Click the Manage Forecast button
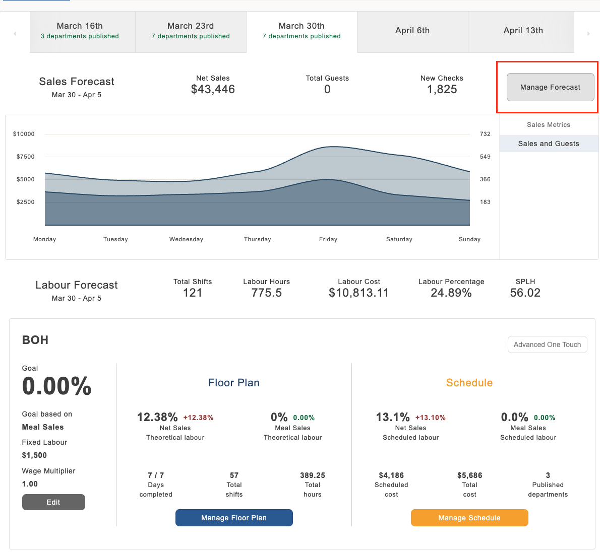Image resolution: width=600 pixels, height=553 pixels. [x=550, y=87]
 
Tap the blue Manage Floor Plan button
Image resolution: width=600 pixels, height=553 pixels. [x=234, y=518]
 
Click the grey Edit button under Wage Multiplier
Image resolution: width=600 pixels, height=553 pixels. [x=53, y=502]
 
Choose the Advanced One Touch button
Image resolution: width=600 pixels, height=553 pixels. [x=547, y=344]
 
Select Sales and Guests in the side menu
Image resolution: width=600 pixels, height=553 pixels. [x=549, y=144]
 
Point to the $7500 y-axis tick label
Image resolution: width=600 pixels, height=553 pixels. [x=25, y=157]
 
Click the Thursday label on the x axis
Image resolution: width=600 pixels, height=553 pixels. [x=258, y=239]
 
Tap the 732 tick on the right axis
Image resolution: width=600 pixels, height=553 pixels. [x=485, y=134]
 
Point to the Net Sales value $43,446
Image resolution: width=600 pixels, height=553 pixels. [x=213, y=90]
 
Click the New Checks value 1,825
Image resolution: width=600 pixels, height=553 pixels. [x=442, y=90]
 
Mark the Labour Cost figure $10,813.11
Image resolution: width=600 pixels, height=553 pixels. [x=358, y=293]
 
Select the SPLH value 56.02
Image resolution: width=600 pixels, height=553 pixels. [x=525, y=293]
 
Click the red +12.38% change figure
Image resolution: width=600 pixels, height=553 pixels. [x=198, y=418]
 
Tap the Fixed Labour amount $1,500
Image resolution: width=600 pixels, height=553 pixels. [x=34, y=455]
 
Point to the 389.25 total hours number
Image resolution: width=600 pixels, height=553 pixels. [x=313, y=475]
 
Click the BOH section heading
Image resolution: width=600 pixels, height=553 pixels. [x=35, y=340]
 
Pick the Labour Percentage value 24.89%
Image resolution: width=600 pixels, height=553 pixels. [x=451, y=293]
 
